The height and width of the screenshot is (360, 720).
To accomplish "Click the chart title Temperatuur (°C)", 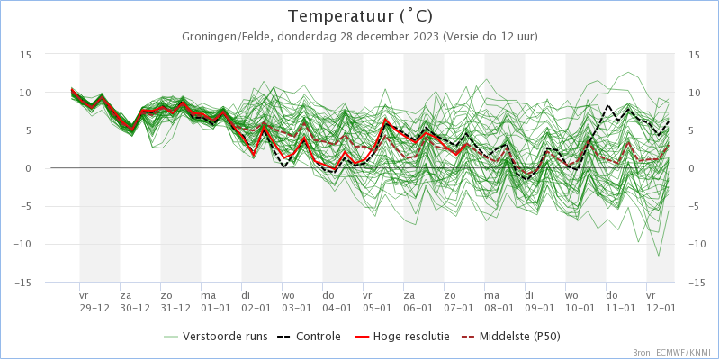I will pyautogui.click(x=360, y=16).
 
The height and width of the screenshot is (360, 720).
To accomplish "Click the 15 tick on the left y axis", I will pyautogui.click(x=26, y=55).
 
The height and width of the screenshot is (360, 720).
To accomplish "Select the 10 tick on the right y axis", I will pyautogui.click(x=694, y=93).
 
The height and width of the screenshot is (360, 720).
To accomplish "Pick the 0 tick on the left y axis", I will pyautogui.click(x=28, y=168).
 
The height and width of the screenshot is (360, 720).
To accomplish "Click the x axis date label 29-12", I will pyautogui.click(x=94, y=308).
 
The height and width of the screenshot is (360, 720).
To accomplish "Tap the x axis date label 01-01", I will pyautogui.click(x=216, y=308).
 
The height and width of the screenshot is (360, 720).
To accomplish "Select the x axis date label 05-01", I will pyautogui.click(x=378, y=308).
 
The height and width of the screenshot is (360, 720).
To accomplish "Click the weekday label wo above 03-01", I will pyautogui.click(x=288, y=295).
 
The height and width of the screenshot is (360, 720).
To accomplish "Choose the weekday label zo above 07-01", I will pyautogui.click(x=450, y=295).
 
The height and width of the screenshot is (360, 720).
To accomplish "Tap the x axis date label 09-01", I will pyautogui.click(x=540, y=308).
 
